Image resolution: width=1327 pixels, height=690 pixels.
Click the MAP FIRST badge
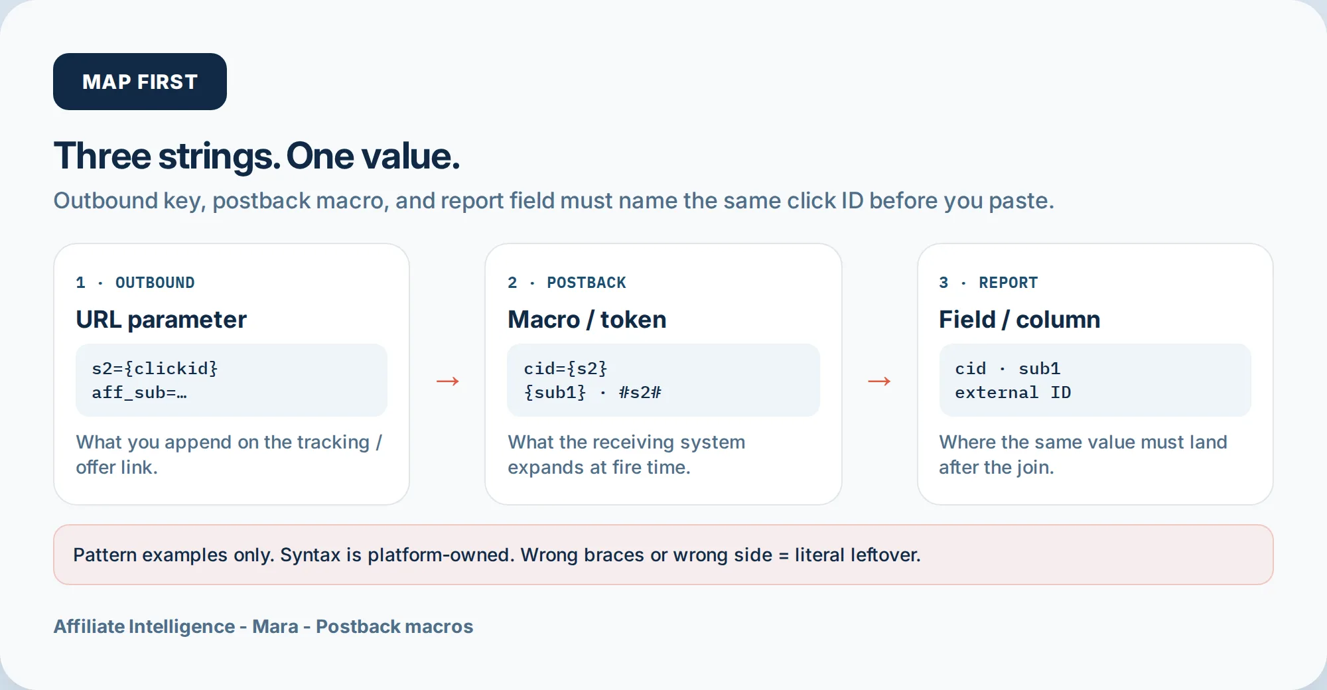coord(140,82)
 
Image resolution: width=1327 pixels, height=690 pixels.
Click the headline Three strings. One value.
coord(257,157)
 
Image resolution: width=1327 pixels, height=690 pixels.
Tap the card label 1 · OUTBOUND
coord(135,283)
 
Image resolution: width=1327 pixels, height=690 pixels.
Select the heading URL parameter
coord(161,320)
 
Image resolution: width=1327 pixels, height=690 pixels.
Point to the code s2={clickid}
coord(155,368)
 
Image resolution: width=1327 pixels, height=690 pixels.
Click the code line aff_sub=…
coord(139,393)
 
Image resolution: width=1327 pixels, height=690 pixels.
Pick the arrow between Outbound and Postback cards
coord(448,381)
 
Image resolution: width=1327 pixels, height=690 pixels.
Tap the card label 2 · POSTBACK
coord(567,283)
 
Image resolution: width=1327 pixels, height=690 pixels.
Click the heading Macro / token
coord(587,320)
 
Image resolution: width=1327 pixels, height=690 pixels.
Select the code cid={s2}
coord(565,368)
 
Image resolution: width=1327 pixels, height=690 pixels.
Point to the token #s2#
coord(640,393)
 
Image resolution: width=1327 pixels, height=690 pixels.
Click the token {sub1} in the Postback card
coord(555,393)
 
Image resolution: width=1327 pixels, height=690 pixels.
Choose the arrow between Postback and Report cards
coord(879,381)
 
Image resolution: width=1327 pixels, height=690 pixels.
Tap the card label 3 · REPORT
coord(989,283)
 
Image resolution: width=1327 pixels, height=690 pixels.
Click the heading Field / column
coord(1020,320)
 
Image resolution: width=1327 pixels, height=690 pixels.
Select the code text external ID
coord(1013,393)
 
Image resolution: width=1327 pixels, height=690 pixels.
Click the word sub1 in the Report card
coord(1040,368)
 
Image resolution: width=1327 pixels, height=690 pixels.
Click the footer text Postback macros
coord(395,626)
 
